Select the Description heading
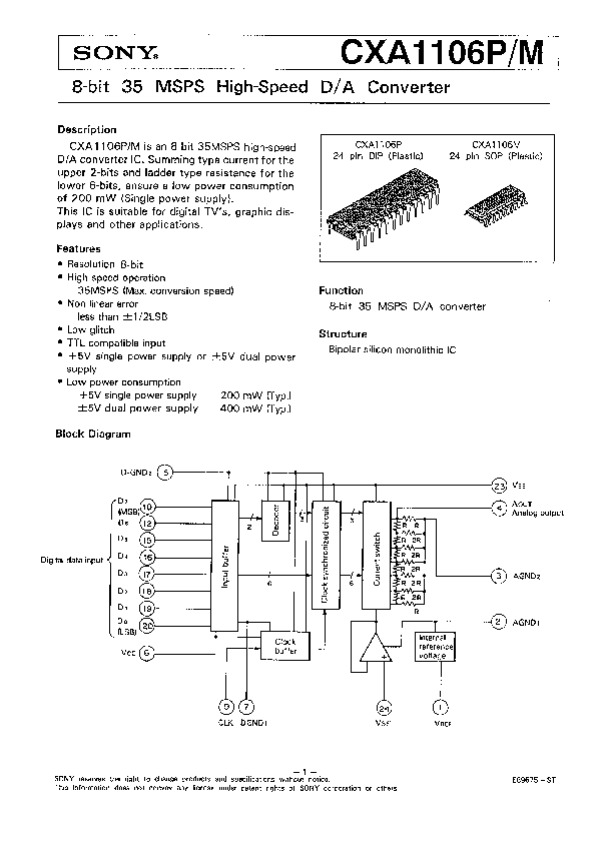[x=87, y=130]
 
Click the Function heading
[x=340, y=290]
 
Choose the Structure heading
[x=343, y=333]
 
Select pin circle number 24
[x=384, y=705]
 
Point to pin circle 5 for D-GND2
[x=167, y=471]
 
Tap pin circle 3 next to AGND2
[x=498, y=575]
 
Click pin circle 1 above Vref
[x=436, y=704]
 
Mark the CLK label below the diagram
[x=226, y=723]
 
